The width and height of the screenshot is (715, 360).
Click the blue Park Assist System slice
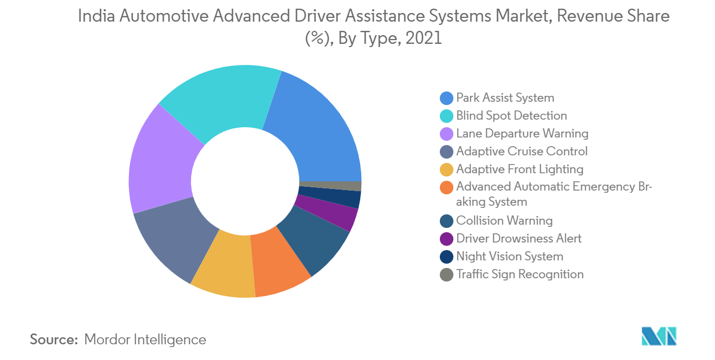point(319,134)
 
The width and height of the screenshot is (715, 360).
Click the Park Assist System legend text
point(505,97)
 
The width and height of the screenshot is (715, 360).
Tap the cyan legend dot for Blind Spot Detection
point(446,116)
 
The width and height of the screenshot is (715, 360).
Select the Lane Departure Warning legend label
point(522,133)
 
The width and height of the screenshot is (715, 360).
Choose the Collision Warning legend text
point(504,220)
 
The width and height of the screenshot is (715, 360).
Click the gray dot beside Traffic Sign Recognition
point(446,274)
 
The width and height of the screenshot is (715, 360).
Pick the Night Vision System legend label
point(510,256)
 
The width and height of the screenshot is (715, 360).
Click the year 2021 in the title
point(424,38)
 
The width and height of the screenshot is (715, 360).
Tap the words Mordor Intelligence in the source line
point(145,339)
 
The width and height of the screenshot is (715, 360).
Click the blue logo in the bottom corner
point(659,336)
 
